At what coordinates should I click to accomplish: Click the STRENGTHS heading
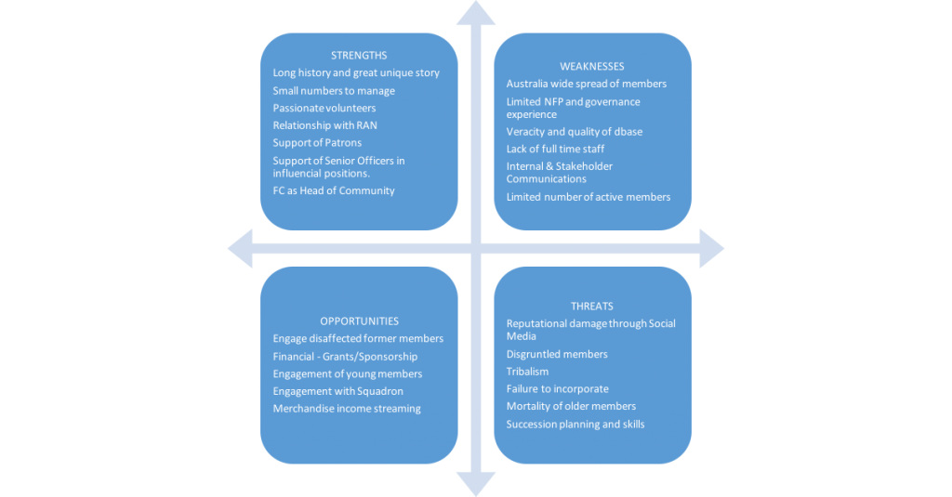click(x=359, y=56)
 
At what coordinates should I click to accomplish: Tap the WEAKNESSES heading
click(x=592, y=67)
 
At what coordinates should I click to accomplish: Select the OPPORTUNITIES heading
click(x=359, y=321)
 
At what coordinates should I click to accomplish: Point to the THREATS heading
click(x=592, y=307)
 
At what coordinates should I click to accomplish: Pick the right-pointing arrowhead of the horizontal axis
click(x=712, y=249)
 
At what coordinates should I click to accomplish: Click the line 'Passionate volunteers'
click(x=324, y=108)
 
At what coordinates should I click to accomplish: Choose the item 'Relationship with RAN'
click(x=324, y=125)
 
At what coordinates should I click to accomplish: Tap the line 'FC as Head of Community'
click(x=334, y=191)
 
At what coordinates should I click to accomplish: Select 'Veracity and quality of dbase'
click(x=575, y=132)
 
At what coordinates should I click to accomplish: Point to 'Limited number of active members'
click(x=588, y=197)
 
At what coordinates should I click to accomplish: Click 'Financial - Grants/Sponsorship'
click(x=345, y=357)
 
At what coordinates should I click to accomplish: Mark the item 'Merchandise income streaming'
click(x=347, y=409)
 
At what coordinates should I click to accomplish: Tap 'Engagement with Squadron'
click(x=338, y=391)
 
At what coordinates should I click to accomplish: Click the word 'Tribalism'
click(x=528, y=372)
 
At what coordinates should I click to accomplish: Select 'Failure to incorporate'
click(x=558, y=389)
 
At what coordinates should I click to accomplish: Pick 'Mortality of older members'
click(x=571, y=407)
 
